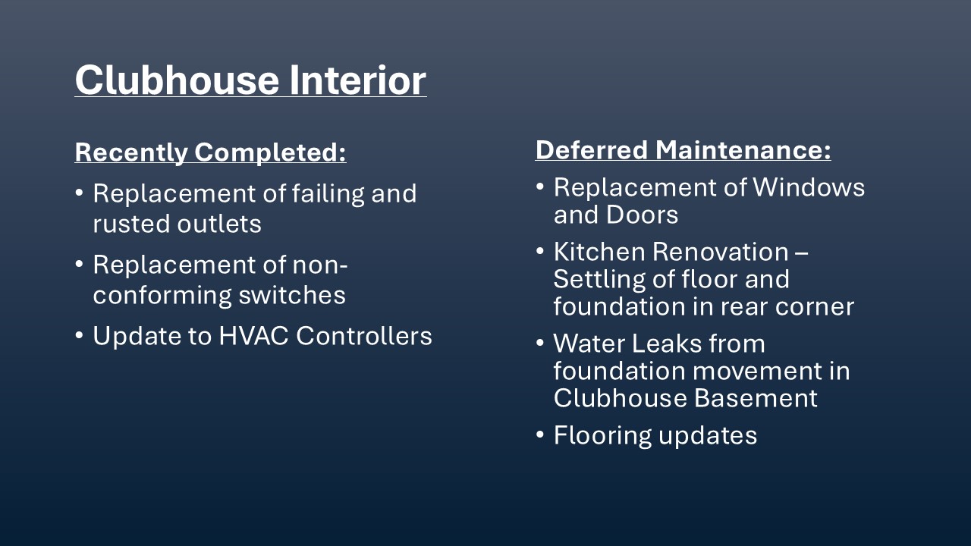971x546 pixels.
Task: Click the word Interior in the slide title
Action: [x=358, y=80]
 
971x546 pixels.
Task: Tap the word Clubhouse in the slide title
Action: [x=177, y=80]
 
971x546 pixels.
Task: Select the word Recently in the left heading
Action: [x=131, y=152]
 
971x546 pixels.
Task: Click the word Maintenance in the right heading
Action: [x=743, y=150]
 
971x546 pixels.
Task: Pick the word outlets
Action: [x=219, y=224]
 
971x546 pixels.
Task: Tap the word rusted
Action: [x=131, y=224]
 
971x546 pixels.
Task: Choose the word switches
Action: [x=292, y=295]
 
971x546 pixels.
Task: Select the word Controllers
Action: [x=364, y=336]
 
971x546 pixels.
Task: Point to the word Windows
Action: [x=809, y=187]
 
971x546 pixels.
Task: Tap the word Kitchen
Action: [x=599, y=252]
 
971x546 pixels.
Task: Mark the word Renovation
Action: [x=721, y=252]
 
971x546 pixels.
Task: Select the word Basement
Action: [x=756, y=398]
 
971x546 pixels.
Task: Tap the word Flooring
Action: [x=602, y=436]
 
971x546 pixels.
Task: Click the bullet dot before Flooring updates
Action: [x=539, y=435]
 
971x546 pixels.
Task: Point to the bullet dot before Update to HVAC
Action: [x=79, y=335]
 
